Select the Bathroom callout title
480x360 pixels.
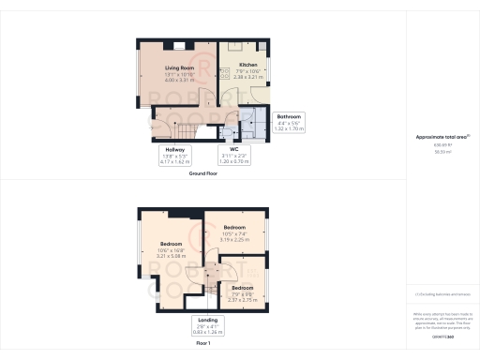coord(289,116)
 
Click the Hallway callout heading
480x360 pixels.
coord(176,150)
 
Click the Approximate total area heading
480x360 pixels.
coord(442,138)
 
